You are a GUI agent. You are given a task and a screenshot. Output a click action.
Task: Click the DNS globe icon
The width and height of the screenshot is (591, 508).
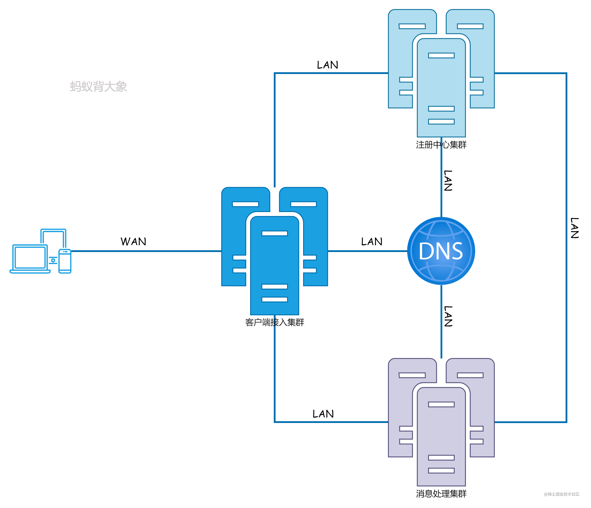pyautogui.click(x=441, y=251)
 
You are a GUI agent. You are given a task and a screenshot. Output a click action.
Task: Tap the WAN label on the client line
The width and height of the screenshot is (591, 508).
pyautogui.click(x=133, y=241)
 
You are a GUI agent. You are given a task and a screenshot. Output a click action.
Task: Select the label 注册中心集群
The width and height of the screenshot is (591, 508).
pyautogui.click(x=441, y=145)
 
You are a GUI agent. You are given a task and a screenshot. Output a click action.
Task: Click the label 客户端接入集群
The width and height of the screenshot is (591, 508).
pyautogui.click(x=275, y=322)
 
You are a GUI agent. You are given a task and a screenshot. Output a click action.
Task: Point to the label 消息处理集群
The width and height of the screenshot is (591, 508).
pyautogui.click(x=441, y=493)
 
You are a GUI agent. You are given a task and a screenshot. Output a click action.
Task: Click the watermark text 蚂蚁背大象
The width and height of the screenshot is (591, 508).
pyautogui.click(x=98, y=86)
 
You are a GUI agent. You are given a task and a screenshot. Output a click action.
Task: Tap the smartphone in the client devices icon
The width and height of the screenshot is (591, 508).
pyautogui.click(x=65, y=261)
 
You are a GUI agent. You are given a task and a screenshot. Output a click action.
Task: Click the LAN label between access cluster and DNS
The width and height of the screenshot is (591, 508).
pyautogui.click(x=372, y=241)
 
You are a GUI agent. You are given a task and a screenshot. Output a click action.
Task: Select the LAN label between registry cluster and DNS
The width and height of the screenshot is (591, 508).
pyautogui.click(x=448, y=180)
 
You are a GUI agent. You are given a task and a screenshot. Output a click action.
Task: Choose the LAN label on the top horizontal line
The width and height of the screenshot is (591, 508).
pyautogui.click(x=328, y=65)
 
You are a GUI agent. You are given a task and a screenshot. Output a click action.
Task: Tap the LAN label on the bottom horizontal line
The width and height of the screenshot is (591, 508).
pyautogui.click(x=323, y=414)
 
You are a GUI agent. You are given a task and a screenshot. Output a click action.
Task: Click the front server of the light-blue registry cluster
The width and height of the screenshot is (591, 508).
pyautogui.click(x=441, y=85)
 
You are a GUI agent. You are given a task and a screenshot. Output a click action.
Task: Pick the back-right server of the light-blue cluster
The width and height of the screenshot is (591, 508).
pyautogui.click(x=482, y=57)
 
